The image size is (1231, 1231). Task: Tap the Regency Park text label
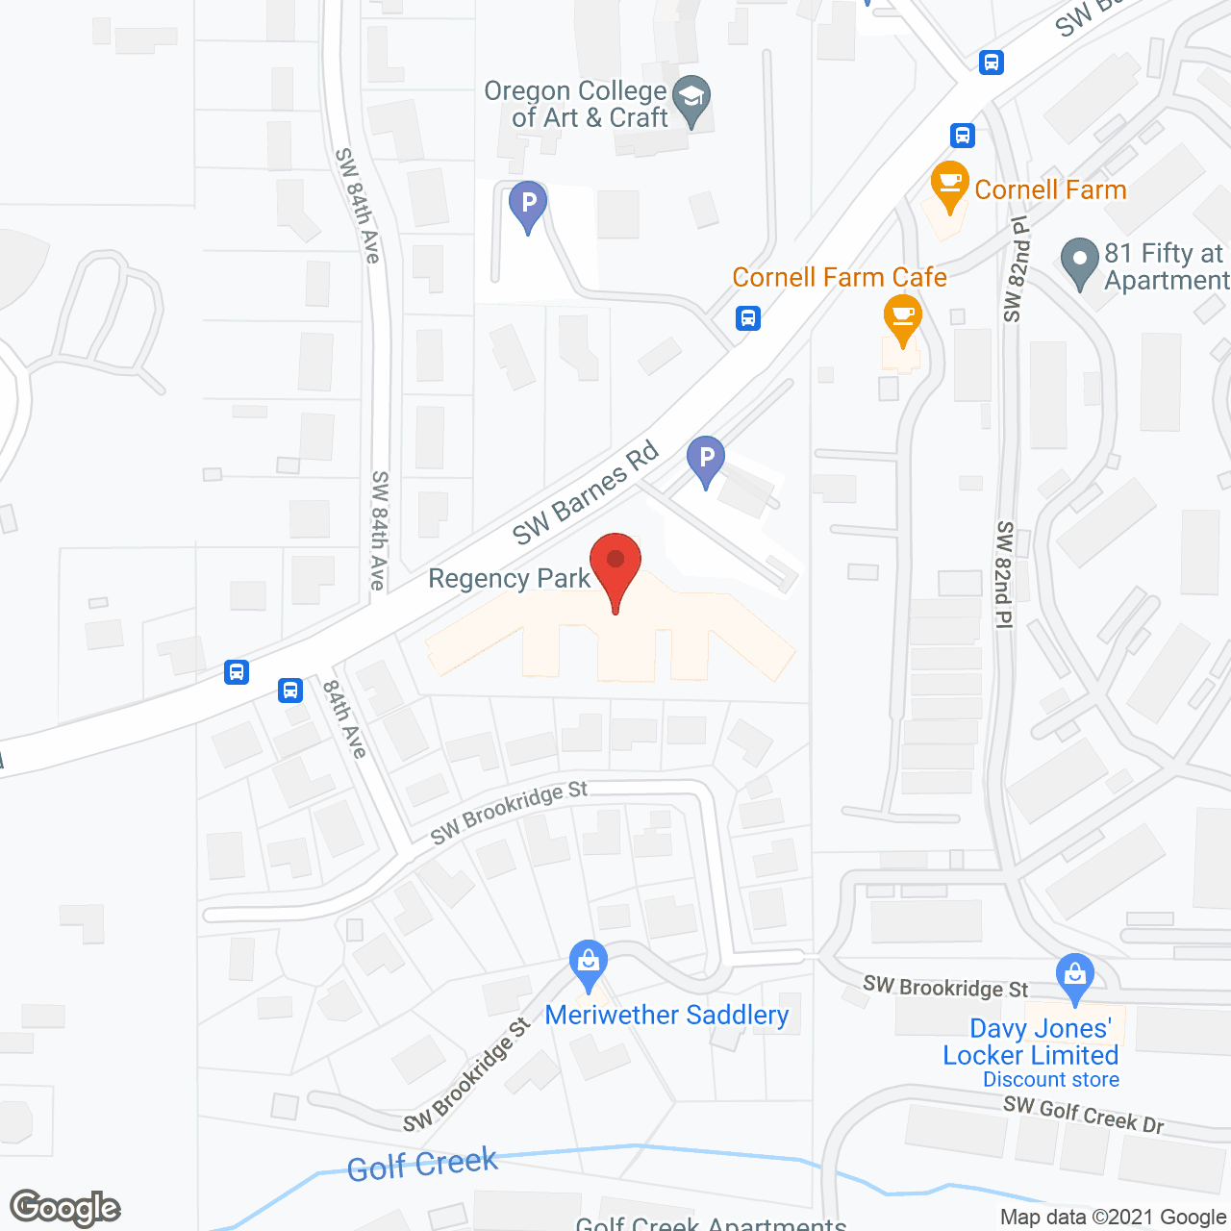(x=509, y=579)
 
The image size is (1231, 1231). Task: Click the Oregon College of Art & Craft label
(x=575, y=104)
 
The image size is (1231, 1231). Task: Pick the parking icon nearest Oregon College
(x=527, y=205)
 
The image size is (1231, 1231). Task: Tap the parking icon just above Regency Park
(x=706, y=461)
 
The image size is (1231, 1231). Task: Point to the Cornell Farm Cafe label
(x=839, y=277)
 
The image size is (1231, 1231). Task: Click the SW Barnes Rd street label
(x=585, y=492)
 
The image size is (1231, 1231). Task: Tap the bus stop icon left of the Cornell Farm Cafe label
(x=748, y=317)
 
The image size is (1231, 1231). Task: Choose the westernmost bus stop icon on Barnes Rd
(x=237, y=671)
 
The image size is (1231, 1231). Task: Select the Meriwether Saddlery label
(x=666, y=1016)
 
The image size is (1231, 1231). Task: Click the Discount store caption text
(x=1050, y=1080)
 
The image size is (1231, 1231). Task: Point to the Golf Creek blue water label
(x=422, y=1166)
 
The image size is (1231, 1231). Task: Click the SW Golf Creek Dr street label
(x=1083, y=1114)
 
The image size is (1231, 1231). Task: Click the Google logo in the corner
(x=65, y=1208)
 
